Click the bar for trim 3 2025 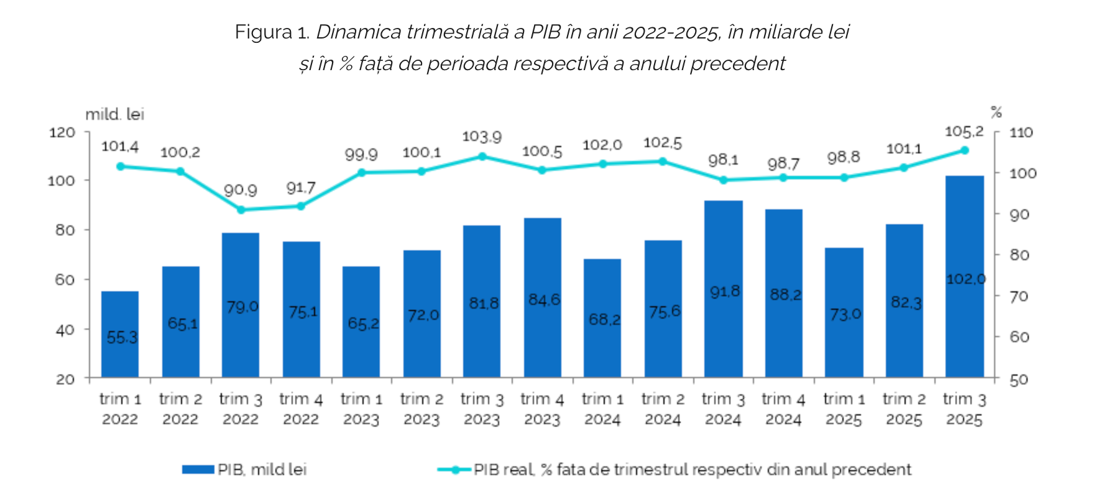pyautogui.click(x=964, y=276)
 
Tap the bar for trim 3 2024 pyautogui.click(x=723, y=289)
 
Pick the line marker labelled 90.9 pyautogui.click(x=241, y=210)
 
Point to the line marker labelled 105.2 pyautogui.click(x=964, y=150)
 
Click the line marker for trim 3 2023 pyautogui.click(x=482, y=156)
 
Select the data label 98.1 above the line pyautogui.click(x=723, y=160)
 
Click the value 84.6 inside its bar pyautogui.click(x=544, y=300)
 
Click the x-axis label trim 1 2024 pyautogui.click(x=602, y=409)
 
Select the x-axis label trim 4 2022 pyautogui.click(x=301, y=409)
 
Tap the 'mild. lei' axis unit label pyautogui.click(x=114, y=114)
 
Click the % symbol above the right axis pyautogui.click(x=996, y=112)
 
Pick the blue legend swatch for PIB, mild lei pyautogui.click(x=198, y=469)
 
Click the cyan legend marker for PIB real pyautogui.click(x=455, y=470)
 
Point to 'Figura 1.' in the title pyautogui.click(x=272, y=32)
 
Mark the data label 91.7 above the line pyautogui.click(x=301, y=188)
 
